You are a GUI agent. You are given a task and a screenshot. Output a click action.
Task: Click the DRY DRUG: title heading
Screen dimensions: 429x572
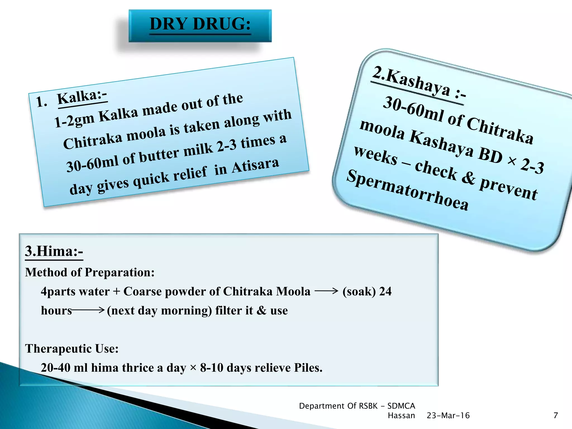[200, 24]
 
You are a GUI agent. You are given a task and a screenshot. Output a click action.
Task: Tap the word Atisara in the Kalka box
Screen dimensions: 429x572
[255, 165]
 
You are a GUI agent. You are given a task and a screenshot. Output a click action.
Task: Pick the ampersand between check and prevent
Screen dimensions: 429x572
[468, 177]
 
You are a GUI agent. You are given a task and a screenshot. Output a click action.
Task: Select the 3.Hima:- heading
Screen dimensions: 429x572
[54, 251]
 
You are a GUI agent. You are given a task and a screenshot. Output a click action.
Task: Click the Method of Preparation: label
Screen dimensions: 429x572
[90, 272]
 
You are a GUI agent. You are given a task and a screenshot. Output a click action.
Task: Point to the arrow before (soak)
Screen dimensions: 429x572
[326, 291]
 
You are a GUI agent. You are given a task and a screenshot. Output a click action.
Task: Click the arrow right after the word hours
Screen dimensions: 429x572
[88, 310]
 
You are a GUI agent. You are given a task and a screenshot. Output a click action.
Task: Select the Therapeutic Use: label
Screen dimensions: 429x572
[72, 349]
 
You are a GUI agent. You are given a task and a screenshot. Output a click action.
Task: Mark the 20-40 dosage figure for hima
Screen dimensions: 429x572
[55, 368]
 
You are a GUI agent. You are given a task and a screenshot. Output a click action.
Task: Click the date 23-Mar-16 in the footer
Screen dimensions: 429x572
[448, 416]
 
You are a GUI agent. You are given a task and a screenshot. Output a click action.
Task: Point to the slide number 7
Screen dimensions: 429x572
[556, 416]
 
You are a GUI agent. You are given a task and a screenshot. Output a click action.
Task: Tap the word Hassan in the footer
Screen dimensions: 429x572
[401, 416]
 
